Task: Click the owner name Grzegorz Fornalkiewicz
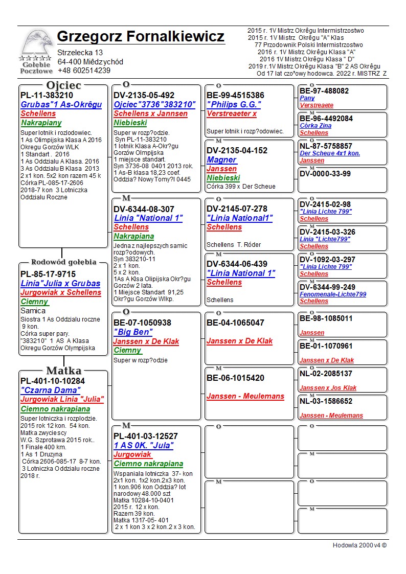pyautogui.click(x=141, y=37)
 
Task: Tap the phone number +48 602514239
pyautogui.click(x=84, y=71)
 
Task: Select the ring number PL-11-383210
pyautogui.click(x=47, y=95)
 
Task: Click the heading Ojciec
pyautogui.click(x=64, y=85)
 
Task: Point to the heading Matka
pyautogui.click(x=64, y=371)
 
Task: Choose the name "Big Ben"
pyautogui.click(x=133, y=332)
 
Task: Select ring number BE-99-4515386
pyautogui.click(x=235, y=96)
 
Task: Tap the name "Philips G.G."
pyautogui.click(x=234, y=105)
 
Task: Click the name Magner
pyautogui.click(x=221, y=159)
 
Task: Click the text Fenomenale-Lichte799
pyautogui.click(x=333, y=294)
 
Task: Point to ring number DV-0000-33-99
pyautogui.click(x=325, y=174)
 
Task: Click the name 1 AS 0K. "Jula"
pyautogui.click(x=143, y=446)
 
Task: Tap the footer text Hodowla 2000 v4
pyautogui.click(x=359, y=545)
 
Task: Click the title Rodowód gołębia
pyautogui.click(x=64, y=262)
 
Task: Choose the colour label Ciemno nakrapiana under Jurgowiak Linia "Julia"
pyautogui.click(x=55, y=409)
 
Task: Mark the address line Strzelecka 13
pyautogui.click(x=80, y=53)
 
